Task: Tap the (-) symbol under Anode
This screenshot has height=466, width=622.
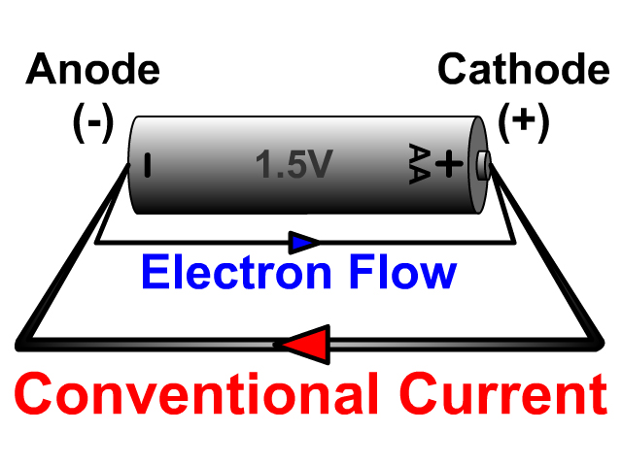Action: (x=93, y=122)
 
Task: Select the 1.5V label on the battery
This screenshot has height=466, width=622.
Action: (x=294, y=166)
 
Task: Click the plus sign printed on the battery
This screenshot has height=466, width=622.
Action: (x=448, y=164)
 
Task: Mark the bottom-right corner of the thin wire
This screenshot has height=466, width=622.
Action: (x=512, y=242)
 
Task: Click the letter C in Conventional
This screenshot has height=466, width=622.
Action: (x=36, y=396)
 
